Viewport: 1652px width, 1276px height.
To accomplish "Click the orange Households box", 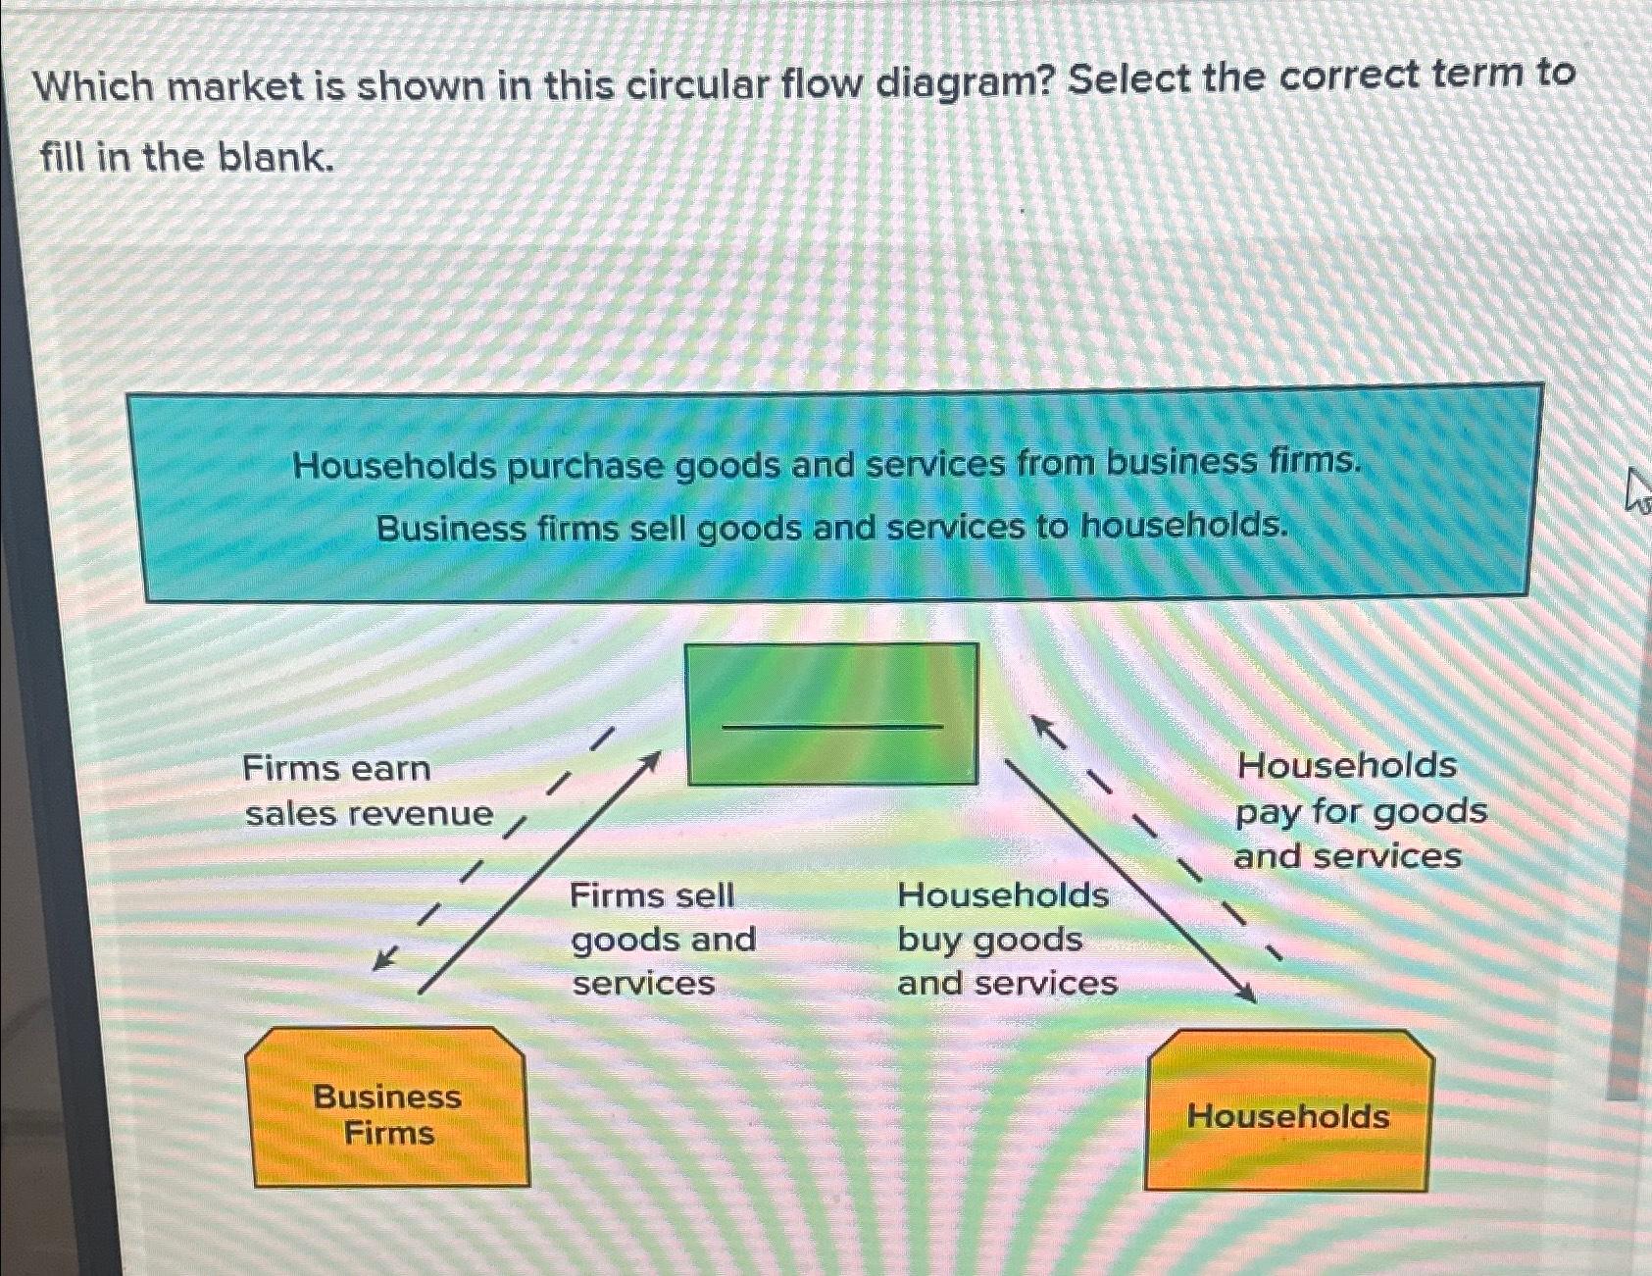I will coord(1287,1113).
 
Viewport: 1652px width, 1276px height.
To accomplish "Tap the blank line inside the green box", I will coord(831,727).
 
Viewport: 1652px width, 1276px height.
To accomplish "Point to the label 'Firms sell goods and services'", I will coord(662,939).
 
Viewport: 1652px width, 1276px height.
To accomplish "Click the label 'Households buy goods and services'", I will coord(1005,939).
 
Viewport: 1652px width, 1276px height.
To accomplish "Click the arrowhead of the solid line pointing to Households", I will coord(1247,995).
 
